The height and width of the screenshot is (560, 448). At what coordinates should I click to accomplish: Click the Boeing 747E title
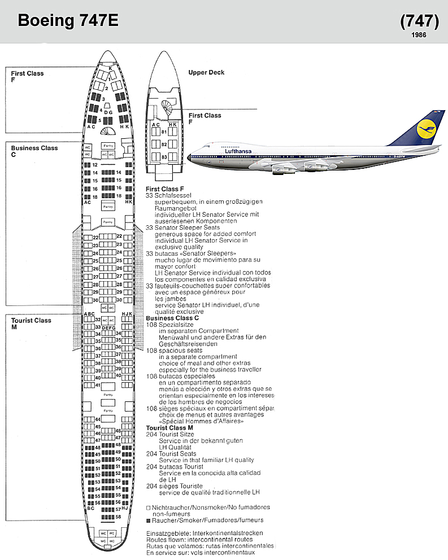click(x=68, y=21)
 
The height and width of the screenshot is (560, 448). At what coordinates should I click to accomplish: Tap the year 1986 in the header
click(x=419, y=35)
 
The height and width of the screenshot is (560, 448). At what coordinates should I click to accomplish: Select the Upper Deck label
click(x=206, y=72)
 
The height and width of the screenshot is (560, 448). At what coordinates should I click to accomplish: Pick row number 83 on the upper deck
click(x=164, y=156)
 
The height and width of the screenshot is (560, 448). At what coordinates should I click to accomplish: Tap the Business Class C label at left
click(x=34, y=151)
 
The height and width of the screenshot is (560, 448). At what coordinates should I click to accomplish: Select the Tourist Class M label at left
click(x=31, y=323)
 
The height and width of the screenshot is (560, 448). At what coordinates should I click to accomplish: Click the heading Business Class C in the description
click(x=172, y=318)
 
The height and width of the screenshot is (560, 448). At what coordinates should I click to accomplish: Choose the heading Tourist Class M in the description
click(x=169, y=428)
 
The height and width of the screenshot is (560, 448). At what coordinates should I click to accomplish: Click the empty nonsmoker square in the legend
click(x=148, y=508)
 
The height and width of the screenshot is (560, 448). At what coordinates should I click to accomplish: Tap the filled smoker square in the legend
click(x=148, y=520)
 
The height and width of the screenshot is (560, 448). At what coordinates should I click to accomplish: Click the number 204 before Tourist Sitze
click(x=151, y=434)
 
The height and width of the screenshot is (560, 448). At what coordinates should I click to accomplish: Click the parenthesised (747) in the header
click(x=419, y=21)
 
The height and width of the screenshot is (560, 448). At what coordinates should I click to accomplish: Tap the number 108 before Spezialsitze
click(x=151, y=325)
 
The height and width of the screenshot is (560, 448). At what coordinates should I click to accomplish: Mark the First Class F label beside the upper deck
click(x=205, y=118)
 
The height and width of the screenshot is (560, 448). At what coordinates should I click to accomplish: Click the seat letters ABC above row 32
click(x=89, y=314)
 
